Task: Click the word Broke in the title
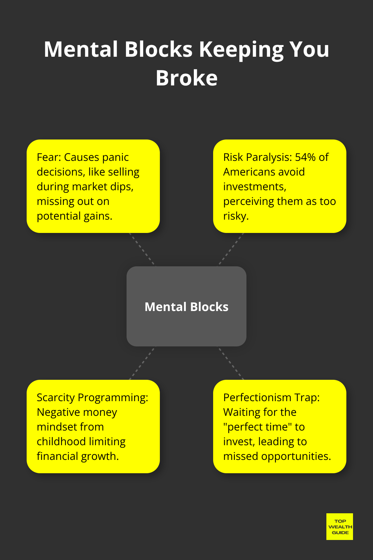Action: click(x=186, y=78)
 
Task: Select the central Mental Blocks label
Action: click(x=186, y=307)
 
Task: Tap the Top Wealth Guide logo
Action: click(x=340, y=527)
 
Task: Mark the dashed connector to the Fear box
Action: click(x=143, y=249)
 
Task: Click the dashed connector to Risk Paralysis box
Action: click(x=231, y=249)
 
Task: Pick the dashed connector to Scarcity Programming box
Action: click(x=142, y=363)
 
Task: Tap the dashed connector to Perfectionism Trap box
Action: click(x=231, y=363)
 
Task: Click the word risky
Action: click(x=235, y=216)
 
